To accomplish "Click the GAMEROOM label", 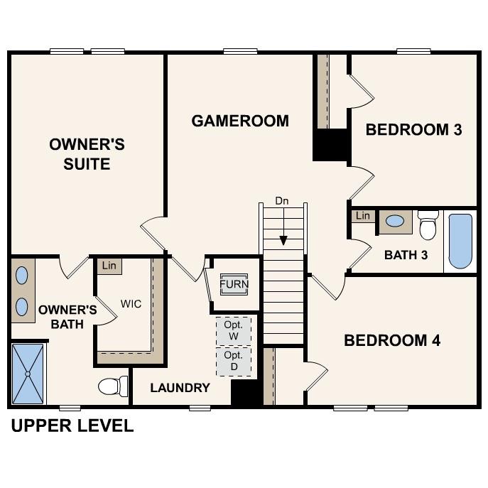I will pos(240,121).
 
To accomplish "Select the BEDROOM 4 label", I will pos(392,340).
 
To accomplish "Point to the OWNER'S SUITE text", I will pos(87,154).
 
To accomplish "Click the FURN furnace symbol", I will pos(234,285).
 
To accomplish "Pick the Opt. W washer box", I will pos(234,330).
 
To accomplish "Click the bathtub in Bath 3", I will pos(460,241).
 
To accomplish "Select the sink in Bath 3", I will pos(395,222).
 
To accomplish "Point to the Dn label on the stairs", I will pos(282,201).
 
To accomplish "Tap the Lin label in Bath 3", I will pos(363,216).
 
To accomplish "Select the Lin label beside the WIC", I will pos(109,266).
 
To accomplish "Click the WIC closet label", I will pos(131,304).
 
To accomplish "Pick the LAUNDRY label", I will pos(180,388).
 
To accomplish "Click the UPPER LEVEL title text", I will pos(72,426).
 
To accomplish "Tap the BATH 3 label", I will pos(406,255).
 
